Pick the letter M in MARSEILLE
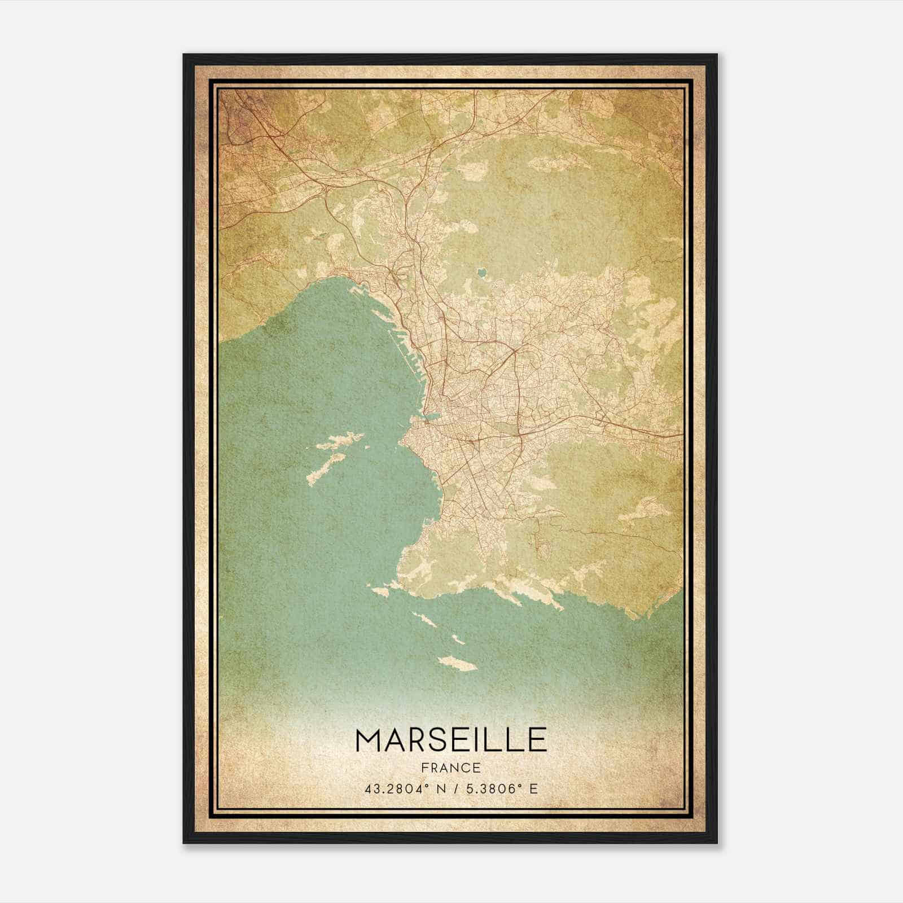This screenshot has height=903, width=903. click(x=369, y=740)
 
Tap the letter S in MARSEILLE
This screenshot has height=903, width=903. click(x=438, y=740)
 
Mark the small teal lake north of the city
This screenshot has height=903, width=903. click(x=481, y=273)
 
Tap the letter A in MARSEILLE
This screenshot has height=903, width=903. click(x=393, y=740)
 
